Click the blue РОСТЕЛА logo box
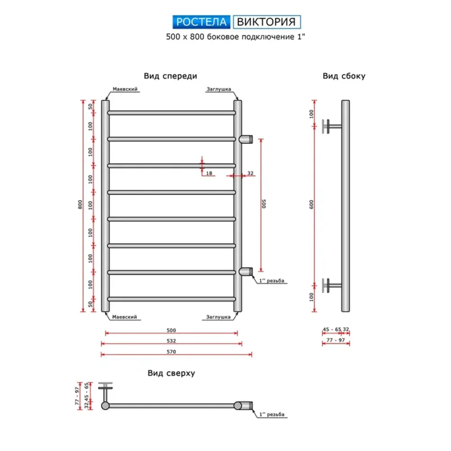[201, 22]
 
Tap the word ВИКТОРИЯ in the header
[267, 22]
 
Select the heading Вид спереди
[170, 76]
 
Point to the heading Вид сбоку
[344, 76]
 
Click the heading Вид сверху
[171, 373]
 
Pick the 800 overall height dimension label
[80, 204]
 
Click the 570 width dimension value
[171, 351]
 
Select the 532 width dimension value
[171, 341]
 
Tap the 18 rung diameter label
[209, 173]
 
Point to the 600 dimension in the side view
[311, 204]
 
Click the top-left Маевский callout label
[125, 89]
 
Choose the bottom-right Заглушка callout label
[218, 317]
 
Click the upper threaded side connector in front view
[246, 139]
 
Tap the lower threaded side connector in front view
[246, 272]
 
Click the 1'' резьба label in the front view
[272, 281]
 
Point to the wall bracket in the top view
[105, 392]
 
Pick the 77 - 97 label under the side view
[336, 340]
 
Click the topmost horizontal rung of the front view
[172, 113]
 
